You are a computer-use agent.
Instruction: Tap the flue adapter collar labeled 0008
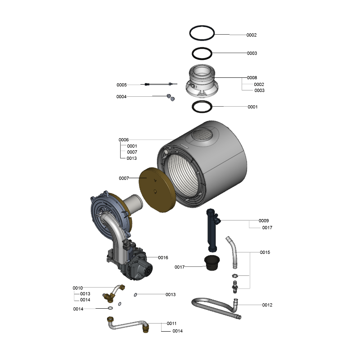pos(202,81)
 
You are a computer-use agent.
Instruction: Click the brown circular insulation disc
pos(157,190)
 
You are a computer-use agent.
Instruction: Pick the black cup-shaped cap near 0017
pos(211,263)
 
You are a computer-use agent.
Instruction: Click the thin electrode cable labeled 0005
pos(159,84)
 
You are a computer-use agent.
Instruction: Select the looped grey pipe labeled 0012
pos(216,308)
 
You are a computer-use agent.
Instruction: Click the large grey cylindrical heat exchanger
pos(202,164)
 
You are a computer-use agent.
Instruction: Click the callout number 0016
pos(163,257)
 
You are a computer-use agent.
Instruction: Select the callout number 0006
pos(123,139)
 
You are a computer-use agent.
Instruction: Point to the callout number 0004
pos(121,97)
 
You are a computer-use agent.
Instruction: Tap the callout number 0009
pos(264,220)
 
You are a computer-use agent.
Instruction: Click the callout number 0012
pos(267,305)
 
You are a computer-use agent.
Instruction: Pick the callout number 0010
pos(77,288)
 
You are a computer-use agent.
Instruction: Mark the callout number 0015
pos(265,252)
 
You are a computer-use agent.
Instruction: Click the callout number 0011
pos(171,324)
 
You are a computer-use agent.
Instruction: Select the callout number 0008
pos(252,77)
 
